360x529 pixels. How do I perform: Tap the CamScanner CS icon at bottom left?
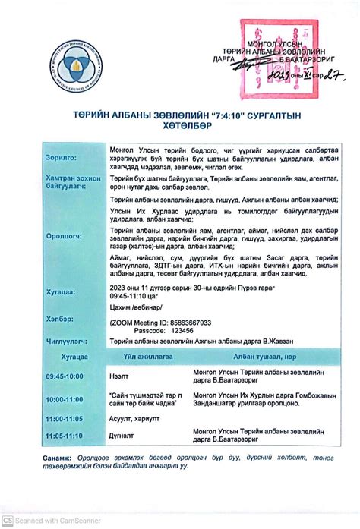(x=8, y=520)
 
